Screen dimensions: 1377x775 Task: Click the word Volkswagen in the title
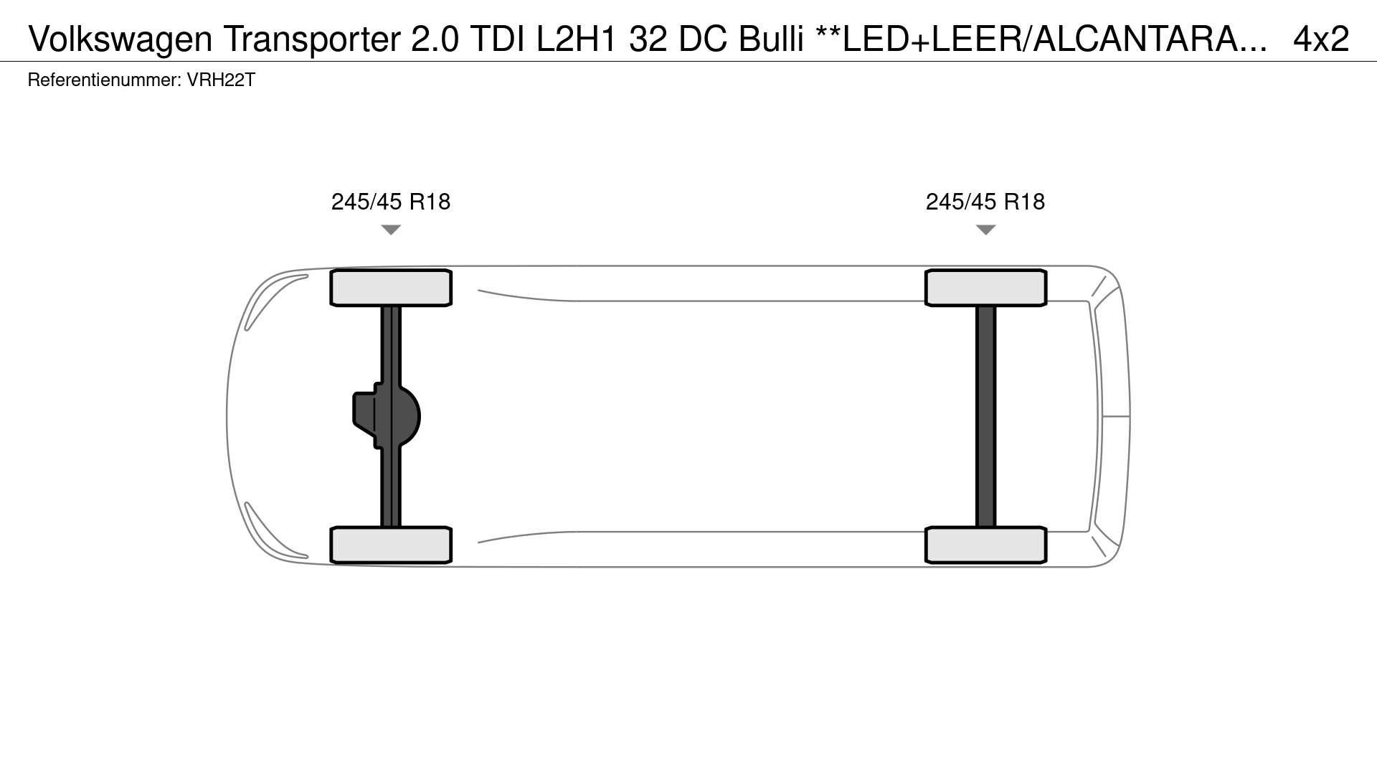[x=120, y=39]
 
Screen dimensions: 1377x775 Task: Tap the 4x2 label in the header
[x=1321, y=39]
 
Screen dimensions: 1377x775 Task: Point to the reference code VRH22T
[x=221, y=80]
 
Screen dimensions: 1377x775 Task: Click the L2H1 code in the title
[x=577, y=39]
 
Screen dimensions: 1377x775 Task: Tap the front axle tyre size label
[x=391, y=202]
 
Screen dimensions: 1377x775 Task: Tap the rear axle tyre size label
[x=985, y=202]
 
